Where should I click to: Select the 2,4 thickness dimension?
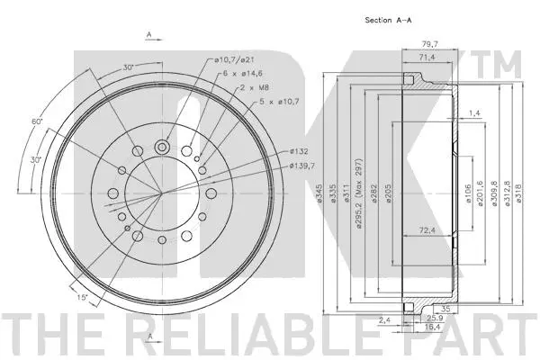click(x=384, y=319)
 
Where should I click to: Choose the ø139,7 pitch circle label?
click(x=303, y=166)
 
